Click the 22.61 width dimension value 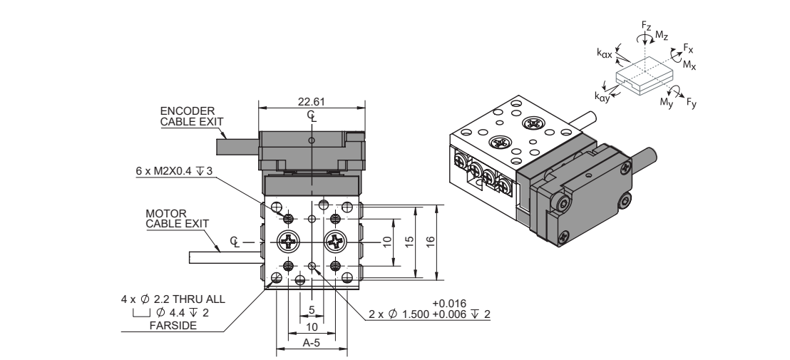coord(312,101)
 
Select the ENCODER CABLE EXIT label coord(192,116)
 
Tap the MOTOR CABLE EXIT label coord(177,219)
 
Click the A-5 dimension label coord(312,343)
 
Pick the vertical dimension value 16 coord(430,242)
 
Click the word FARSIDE coord(173,326)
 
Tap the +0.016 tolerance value coord(449,303)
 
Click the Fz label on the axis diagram coord(647,25)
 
